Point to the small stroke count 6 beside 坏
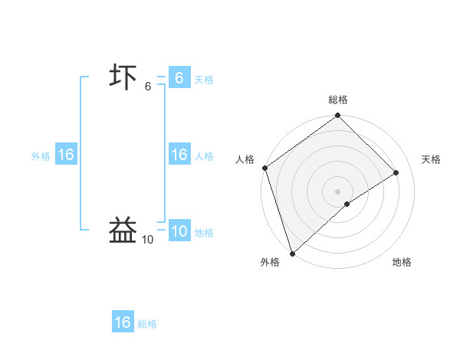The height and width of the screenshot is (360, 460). tap(148, 87)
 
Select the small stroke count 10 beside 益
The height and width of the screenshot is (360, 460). tap(147, 240)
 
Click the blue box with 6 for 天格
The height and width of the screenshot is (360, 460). tap(179, 78)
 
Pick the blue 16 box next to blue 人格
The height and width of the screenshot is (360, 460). tap(179, 155)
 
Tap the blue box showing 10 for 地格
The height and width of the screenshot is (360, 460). tap(179, 231)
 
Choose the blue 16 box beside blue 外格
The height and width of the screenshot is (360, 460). tap(66, 155)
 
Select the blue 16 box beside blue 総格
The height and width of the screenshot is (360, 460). tap(123, 322)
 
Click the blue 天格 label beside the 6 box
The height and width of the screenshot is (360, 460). tap(204, 80)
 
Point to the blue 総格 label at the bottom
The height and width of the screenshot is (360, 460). tap(147, 324)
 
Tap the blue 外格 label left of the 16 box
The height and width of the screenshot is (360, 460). tap(41, 156)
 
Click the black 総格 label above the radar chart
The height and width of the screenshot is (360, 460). tap(338, 100)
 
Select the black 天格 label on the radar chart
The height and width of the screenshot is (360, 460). tap(432, 159)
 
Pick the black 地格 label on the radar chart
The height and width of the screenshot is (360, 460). tap(402, 262)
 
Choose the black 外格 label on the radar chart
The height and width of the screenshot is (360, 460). tap(270, 262)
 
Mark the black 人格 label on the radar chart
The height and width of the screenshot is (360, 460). tap(245, 159)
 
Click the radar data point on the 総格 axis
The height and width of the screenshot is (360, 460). tap(338, 116)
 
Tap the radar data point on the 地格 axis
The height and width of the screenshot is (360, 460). tap(347, 204)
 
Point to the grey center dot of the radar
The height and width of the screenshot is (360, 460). tap(338, 191)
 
